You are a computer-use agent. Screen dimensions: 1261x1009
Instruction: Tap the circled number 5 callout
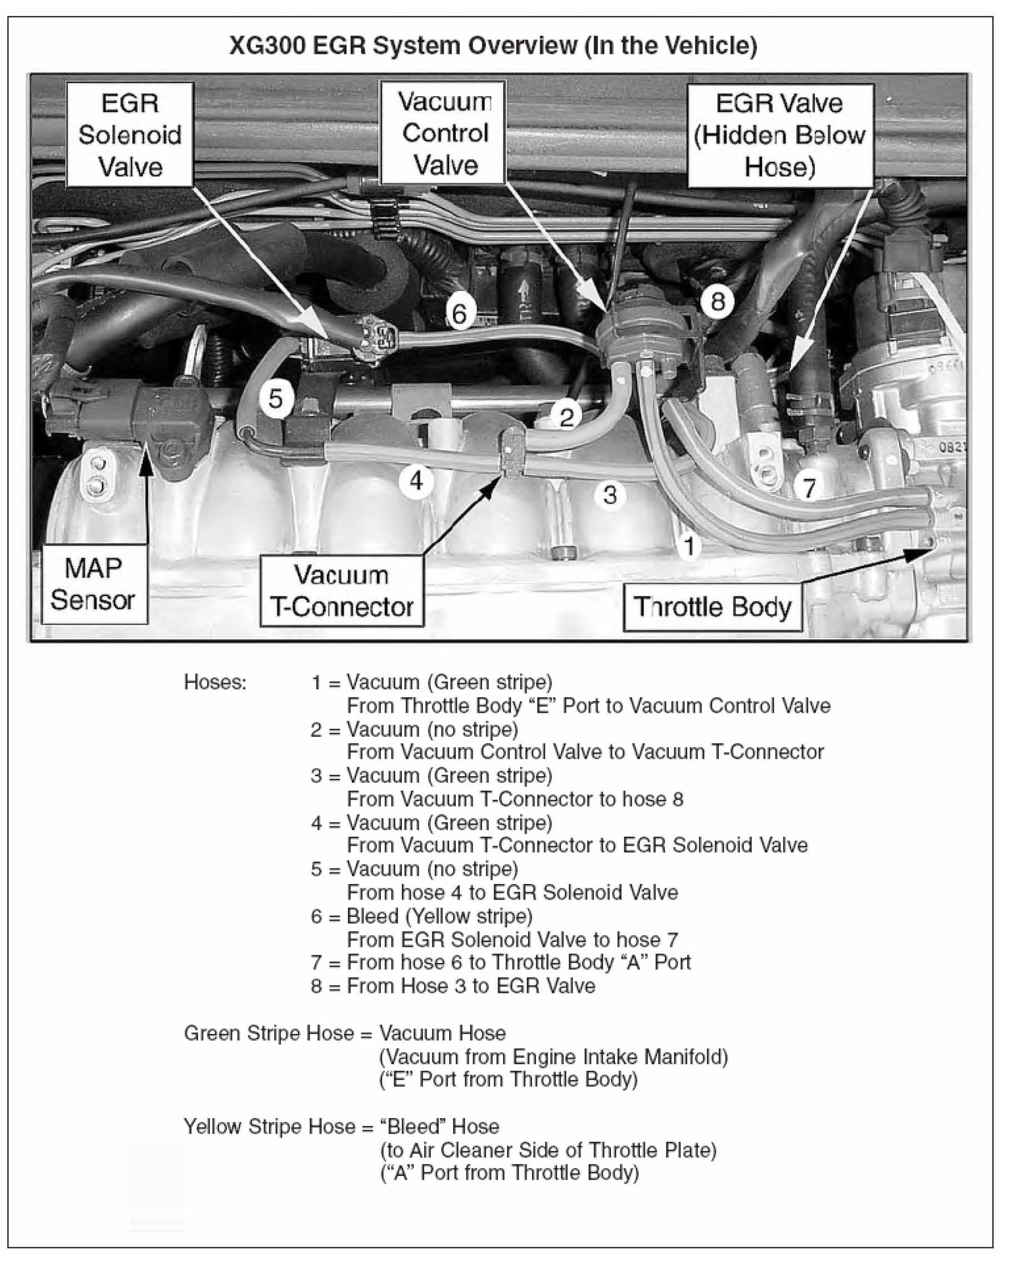276,399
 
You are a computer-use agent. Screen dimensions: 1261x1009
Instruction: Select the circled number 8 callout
718,302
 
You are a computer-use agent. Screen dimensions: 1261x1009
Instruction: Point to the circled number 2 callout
566,418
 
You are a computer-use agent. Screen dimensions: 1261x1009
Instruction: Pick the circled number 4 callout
416,481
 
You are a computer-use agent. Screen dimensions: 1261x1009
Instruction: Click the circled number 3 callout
609,495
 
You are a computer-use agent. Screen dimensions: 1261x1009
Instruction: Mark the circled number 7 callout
809,487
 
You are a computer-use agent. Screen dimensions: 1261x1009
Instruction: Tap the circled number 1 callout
690,547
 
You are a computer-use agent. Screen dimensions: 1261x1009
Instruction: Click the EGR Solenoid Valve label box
130,135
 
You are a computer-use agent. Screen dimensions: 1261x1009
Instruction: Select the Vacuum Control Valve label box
443,133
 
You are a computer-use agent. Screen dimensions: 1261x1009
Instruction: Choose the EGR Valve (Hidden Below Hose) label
780,136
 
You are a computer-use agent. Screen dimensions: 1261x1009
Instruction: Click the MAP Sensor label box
93,584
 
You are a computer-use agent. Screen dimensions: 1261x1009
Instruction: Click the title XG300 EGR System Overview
493,45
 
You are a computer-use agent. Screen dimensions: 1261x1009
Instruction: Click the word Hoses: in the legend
215,682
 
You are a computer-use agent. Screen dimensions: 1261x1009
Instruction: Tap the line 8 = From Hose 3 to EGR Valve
453,986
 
